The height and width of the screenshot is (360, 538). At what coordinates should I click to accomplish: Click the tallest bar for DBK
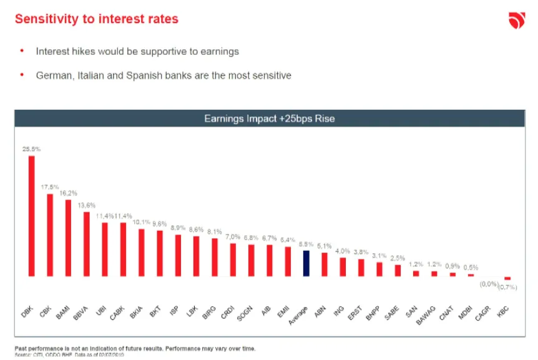pyautogui.click(x=32, y=215)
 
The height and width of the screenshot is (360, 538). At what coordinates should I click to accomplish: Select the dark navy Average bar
pyautogui.click(x=306, y=263)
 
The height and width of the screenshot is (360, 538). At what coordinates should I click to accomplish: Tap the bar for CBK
pyautogui.click(x=50, y=235)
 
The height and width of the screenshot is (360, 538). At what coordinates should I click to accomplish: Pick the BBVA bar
pyautogui.click(x=87, y=244)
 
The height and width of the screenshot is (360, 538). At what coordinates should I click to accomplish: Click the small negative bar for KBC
pyautogui.click(x=507, y=278)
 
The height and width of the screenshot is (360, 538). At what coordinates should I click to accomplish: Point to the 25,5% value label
pyautogui.click(x=31, y=149)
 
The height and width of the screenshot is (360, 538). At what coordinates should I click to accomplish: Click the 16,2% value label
pyautogui.click(x=68, y=193)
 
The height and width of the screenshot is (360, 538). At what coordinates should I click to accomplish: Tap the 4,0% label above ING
pyautogui.click(x=342, y=251)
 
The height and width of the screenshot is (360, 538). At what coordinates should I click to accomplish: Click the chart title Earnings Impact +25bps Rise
pyautogui.click(x=269, y=119)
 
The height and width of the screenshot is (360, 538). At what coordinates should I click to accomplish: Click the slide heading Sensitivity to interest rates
pyautogui.click(x=97, y=19)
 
